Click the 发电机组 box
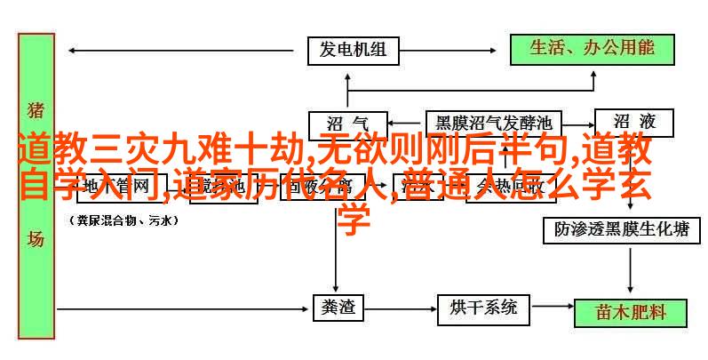(354, 50)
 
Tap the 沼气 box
(347, 122)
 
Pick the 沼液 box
(638, 122)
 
